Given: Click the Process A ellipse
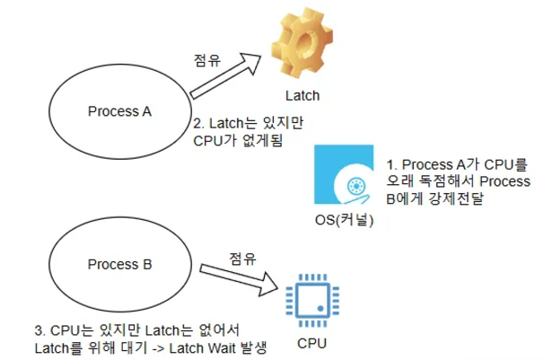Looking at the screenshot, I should click(119, 111).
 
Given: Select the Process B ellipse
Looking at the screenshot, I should click(119, 266).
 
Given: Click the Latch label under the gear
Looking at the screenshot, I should click(301, 95).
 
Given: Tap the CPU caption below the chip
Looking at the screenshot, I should click(311, 344).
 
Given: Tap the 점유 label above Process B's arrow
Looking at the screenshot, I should click(242, 259).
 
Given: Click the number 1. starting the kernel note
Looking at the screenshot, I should click(391, 165).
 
